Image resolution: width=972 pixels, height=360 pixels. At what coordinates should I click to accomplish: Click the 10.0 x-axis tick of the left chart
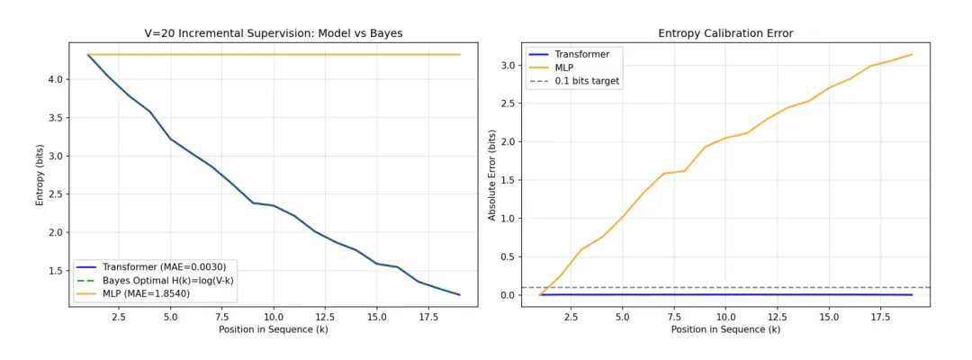pyautogui.click(x=274, y=317)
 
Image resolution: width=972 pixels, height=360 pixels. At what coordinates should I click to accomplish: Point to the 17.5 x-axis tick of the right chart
pyautogui.click(x=880, y=317)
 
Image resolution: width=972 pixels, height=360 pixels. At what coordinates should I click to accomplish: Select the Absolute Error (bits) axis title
pyautogui.click(x=491, y=175)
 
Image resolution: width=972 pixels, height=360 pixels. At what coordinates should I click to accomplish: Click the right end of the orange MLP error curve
pyautogui.click(x=912, y=54)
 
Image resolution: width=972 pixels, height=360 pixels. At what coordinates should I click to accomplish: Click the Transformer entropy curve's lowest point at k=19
pyautogui.click(x=460, y=295)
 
